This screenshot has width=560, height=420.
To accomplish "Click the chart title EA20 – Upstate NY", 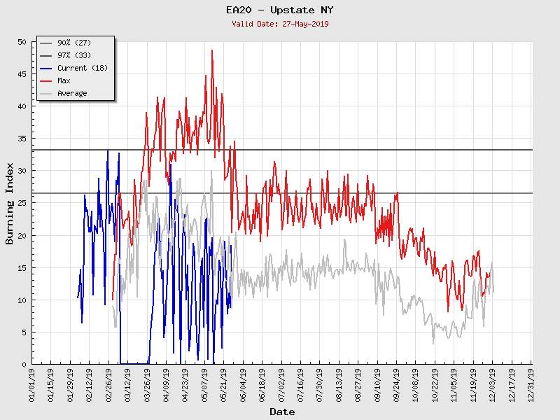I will point(280,10).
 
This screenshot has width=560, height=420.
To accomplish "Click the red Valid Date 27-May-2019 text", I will point(280,23).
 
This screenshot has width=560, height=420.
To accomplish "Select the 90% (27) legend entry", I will point(72,43).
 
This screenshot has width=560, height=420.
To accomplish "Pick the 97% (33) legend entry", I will point(72,55).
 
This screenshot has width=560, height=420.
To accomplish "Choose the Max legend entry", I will point(64,80).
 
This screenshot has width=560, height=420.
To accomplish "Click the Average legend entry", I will point(72,93).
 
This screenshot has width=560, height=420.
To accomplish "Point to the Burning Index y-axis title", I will point(10,203).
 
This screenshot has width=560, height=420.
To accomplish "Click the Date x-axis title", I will point(282,412).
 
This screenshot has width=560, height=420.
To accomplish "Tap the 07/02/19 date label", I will point(282,384).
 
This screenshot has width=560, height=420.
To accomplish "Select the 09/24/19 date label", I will point(397,384).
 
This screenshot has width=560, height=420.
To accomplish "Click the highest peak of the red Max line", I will point(212,50).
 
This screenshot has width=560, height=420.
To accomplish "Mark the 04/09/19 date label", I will point(167,384).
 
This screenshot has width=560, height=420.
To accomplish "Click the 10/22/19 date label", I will point(435,384).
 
